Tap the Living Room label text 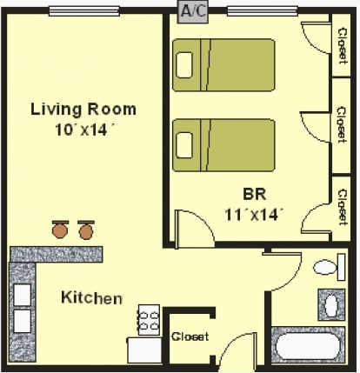point(83,110)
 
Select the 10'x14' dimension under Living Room point(83,128)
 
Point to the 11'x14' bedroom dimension point(254,213)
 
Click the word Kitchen point(91,298)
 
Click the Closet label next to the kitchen point(190,336)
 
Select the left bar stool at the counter point(60,230)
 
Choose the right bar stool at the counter point(86,230)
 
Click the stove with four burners point(149,319)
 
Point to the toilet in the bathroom point(327,267)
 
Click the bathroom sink point(332,305)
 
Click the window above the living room point(84,11)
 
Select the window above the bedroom point(262,11)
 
